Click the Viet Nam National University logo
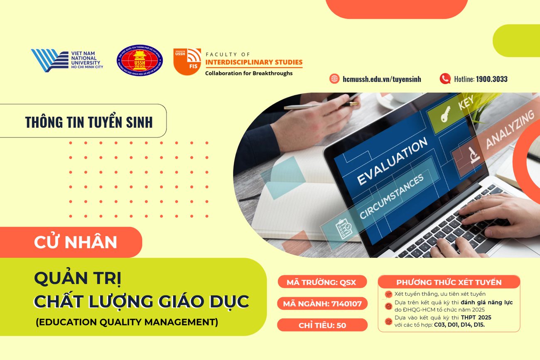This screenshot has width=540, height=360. pyautogui.click(x=66, y=60)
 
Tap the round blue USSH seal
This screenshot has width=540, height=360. pyautogui.click(x=140, y=61)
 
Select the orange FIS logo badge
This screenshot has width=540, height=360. pyautogui.click(x=187, y=61)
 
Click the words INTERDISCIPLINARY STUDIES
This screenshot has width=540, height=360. pyautogui.click(x=254, y=63)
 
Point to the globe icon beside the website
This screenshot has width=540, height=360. pyautogui.click(x=334, y=79)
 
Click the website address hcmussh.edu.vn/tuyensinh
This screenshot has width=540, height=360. pyautogui.click(x=382, y=79)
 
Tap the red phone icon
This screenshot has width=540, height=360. pyautogui.click(x=445, y=78)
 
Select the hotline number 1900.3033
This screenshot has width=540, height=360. pyautogui.click(x=491, y=79)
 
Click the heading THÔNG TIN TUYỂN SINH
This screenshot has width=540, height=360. pyautogui.click(x=88, y=122)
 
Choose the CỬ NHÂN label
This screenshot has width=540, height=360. pyautogui.click(x=76, y=242)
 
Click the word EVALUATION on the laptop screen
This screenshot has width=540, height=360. pyautogui.click(x=392, y=162)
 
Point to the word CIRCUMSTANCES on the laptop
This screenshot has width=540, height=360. pyautogui.click(x=391, y=197)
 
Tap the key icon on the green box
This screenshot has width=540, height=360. pyautogui.click(x=445, y=115)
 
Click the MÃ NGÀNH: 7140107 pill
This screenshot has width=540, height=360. pyautogui.click(x=322, y=304)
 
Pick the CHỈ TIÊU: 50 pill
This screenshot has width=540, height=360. pyautogui.click(x=322, y=325)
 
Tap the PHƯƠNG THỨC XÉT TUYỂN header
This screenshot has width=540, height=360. pyautogui.click(x=449, y=282)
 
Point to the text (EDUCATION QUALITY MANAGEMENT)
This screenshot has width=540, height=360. pyautogui.click(x=127, y=322)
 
